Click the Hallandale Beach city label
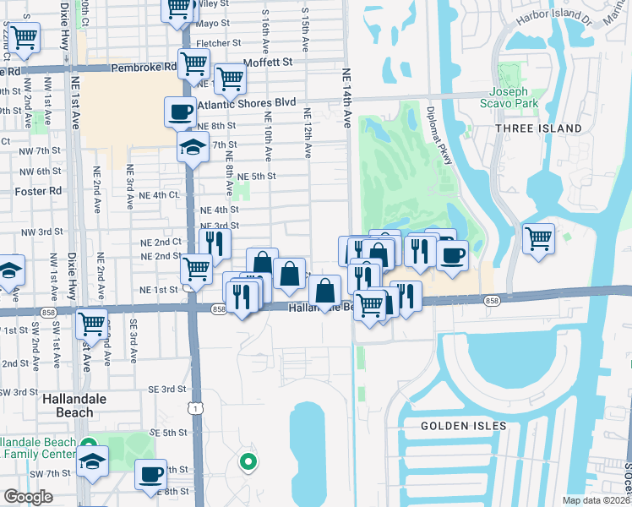[x=67, y=405]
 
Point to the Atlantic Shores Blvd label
[x=247, y=103]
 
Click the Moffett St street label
[x=267, y=63]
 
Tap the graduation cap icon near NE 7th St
[x=193, y=147]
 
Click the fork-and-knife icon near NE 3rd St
[x=215, y=243]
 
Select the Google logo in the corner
[x=28, y=497]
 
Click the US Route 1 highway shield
[x=196, y=408]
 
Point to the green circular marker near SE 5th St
[x=248, y=461]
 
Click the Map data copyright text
[x=597, y=500]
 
